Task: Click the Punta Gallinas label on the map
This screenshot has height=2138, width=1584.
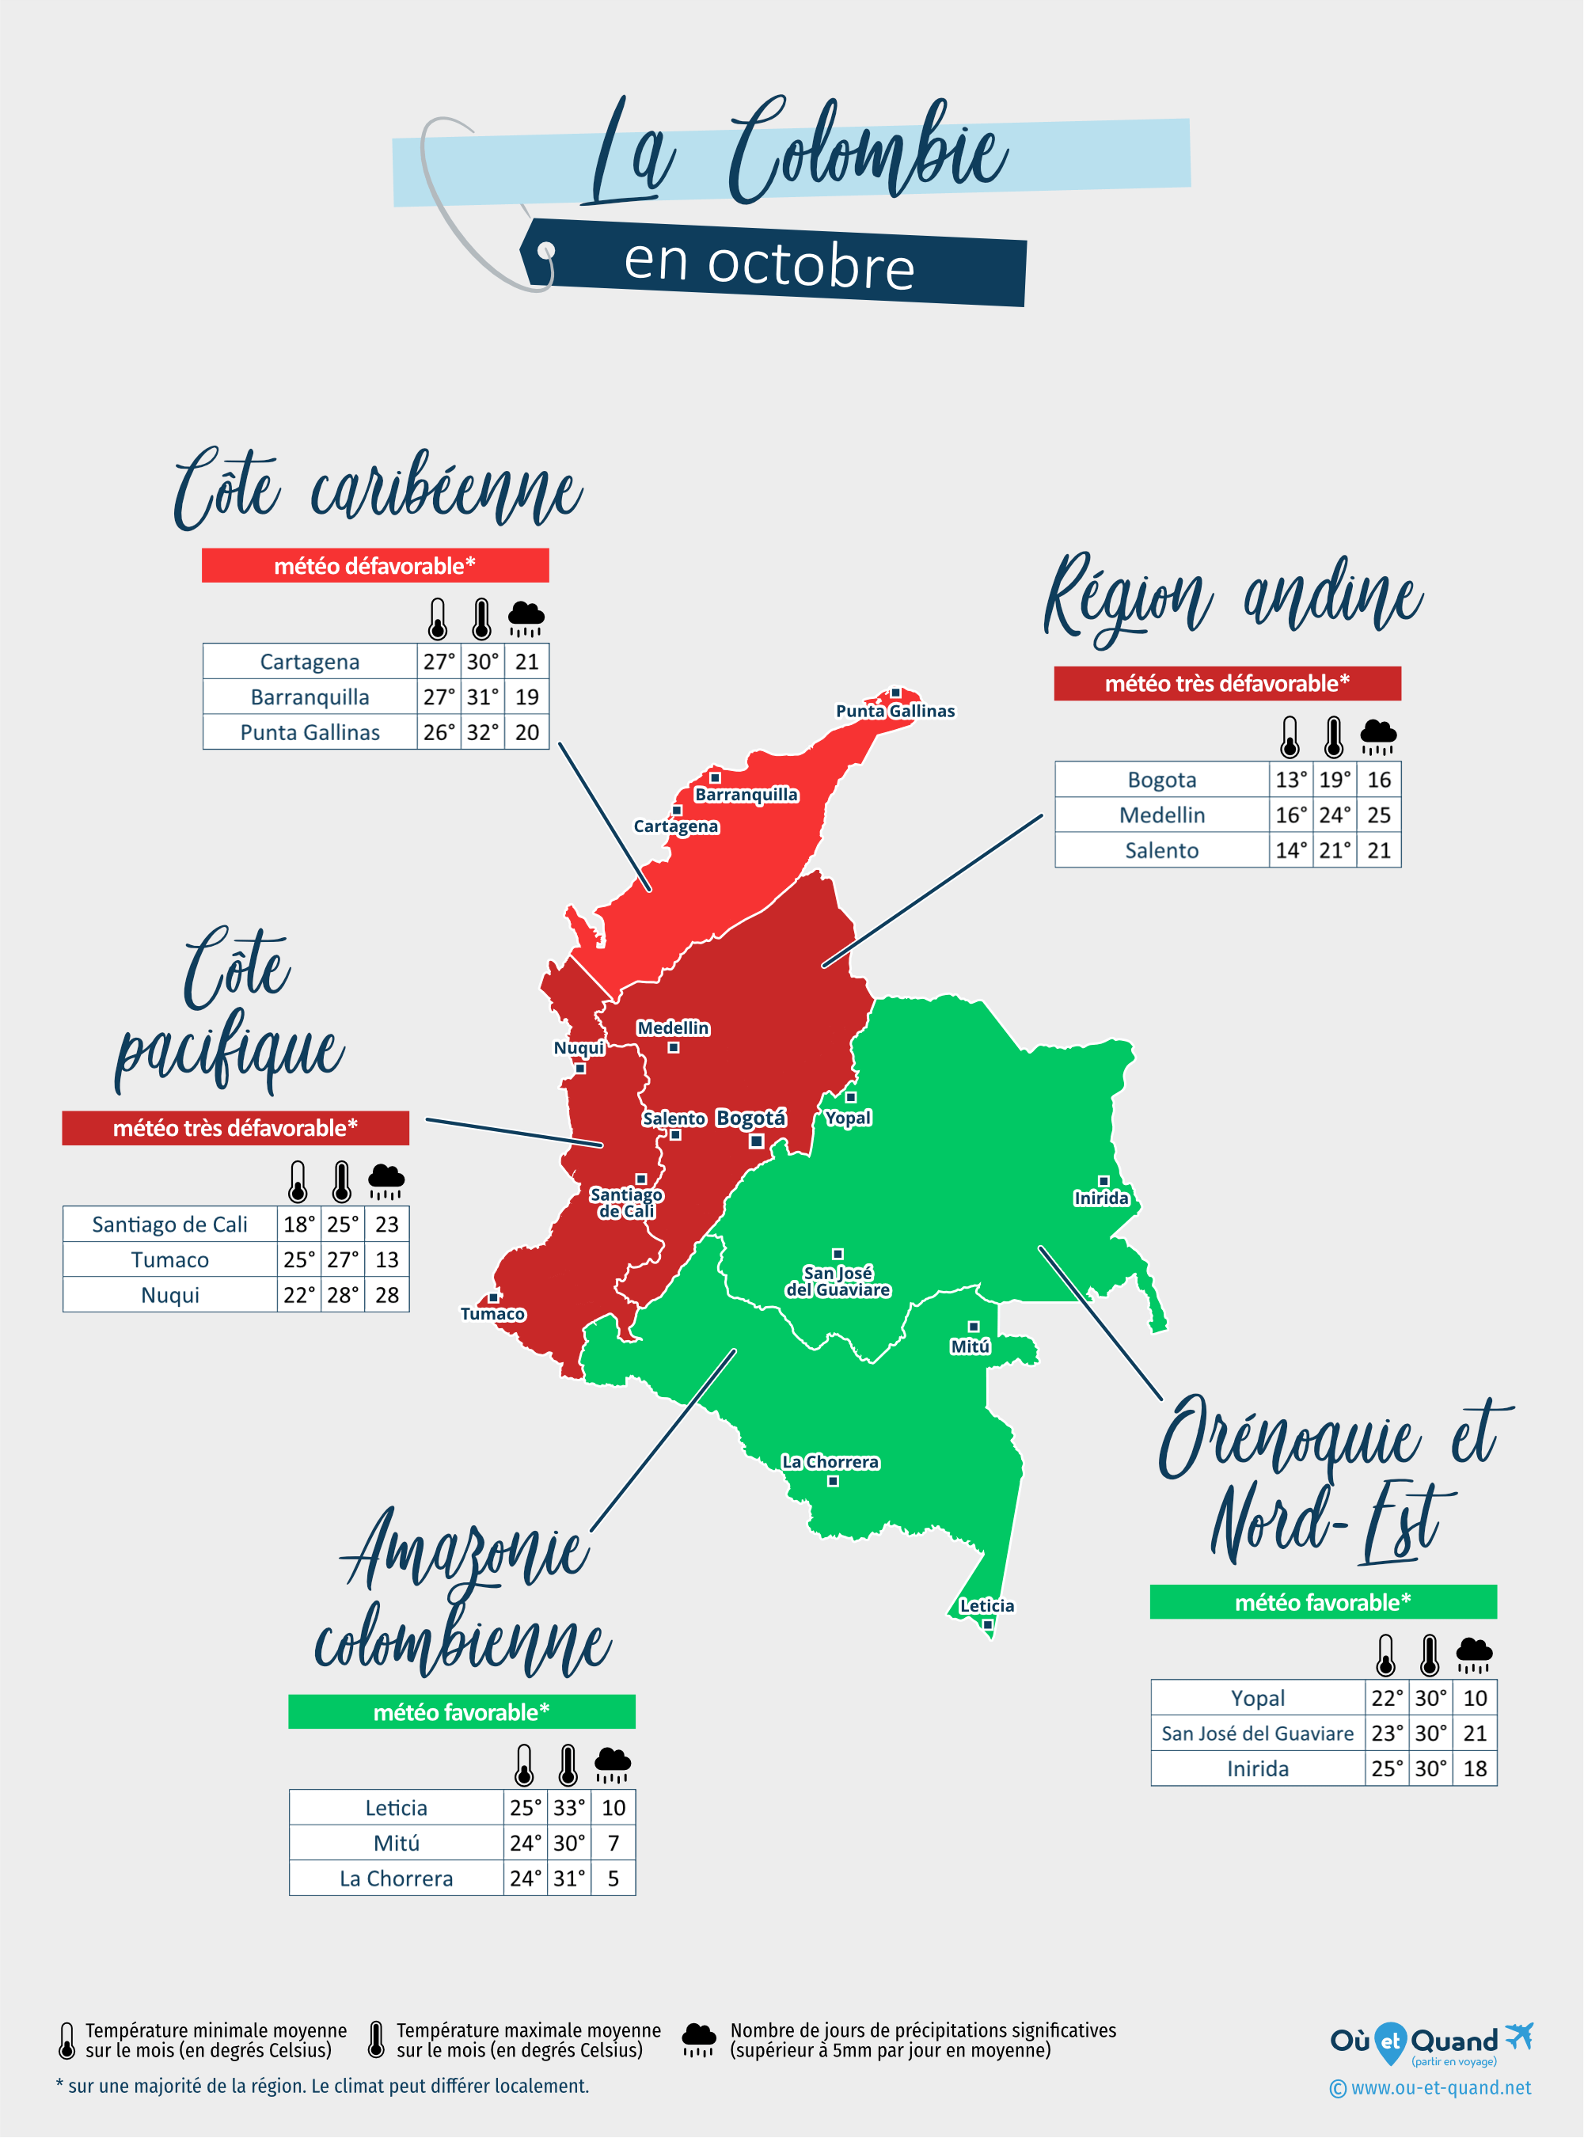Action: [895, 711]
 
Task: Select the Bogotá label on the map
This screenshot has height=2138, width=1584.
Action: [750, 1118]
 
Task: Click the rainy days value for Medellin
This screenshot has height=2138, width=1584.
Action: [1379, 815]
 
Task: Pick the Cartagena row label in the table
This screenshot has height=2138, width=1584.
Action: [310, 662]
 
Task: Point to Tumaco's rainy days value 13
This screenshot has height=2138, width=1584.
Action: [386, 1260]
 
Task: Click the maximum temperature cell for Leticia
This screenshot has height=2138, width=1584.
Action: [568, 1808]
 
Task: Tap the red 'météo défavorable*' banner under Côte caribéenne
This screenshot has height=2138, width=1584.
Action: [375, 566]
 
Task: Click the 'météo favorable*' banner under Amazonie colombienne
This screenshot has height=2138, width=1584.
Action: [462, 1712]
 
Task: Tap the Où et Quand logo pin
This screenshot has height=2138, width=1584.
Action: [1389, 2042]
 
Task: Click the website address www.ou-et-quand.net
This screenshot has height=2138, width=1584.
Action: [1440, 2088]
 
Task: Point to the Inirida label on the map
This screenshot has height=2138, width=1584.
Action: [1101, 1198]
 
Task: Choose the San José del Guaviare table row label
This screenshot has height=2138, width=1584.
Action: [1257, 1734]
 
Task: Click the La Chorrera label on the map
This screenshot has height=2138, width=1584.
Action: [830, 1462]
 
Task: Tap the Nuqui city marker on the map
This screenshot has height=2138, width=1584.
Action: [580, 1068]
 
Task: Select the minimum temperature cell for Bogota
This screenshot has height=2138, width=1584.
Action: [1290, 780]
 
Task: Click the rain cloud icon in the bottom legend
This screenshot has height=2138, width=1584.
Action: [698, 2040]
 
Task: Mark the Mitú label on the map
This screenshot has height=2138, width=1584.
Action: [970, 1346]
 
